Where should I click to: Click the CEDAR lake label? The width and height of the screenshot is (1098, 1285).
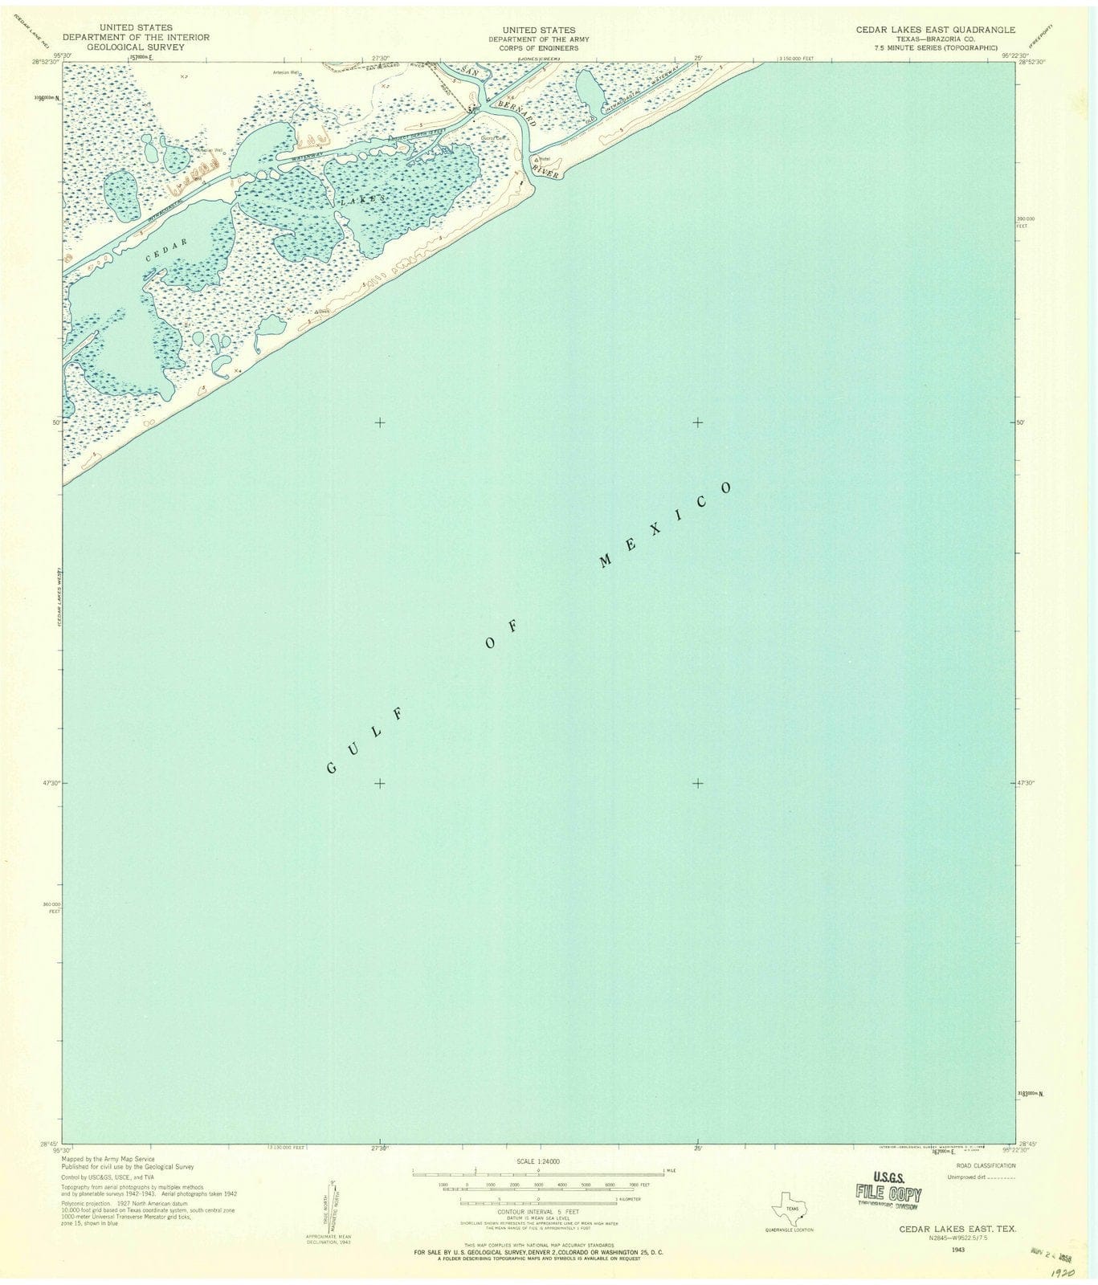(x=167, y=250)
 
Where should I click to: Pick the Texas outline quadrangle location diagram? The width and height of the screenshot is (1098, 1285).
(x=789, y=1209)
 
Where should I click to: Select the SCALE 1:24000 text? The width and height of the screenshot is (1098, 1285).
(x=538, y=1161)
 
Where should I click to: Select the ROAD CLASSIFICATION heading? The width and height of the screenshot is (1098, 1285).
(x=986, y=1165)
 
